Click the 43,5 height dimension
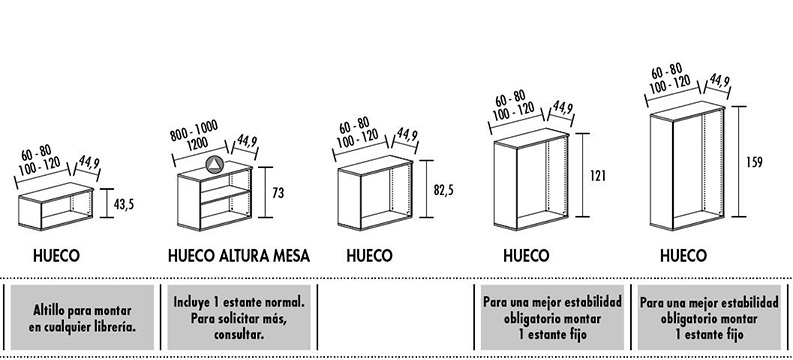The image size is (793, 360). tap(123, 204)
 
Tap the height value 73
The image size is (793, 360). tap(278, 193)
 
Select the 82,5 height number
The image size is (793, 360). tap(444, 190)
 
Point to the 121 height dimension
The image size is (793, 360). tap(598, 175)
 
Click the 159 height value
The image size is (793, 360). tap(754, 162)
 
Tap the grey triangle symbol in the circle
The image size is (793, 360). tap(214, 164)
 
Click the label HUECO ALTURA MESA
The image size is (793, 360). tap(239, 256)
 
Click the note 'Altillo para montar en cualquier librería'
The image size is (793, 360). tap(82, 319)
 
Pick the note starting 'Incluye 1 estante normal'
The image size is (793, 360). tap(239, 318)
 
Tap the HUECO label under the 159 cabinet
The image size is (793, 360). tap(683, 256)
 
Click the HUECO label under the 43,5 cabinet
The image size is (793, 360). tap(56, 256)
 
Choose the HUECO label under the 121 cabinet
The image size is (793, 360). tap(526, 256)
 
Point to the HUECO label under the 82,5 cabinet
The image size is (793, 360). tap(369, 256)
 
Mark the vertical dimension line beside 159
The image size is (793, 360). tap(738, 161)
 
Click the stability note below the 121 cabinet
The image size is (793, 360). tap(552, 318)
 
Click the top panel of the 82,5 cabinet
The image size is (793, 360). tap(375, 165)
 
